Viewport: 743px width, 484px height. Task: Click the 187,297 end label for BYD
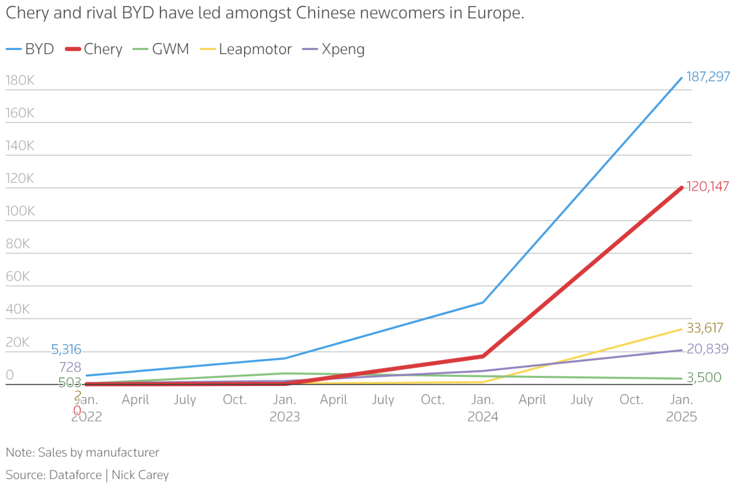708,76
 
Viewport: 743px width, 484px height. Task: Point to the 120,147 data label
707,187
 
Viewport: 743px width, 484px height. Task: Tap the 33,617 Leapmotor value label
704,328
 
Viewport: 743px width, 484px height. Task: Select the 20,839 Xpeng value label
707,349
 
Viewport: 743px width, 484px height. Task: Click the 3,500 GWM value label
704,377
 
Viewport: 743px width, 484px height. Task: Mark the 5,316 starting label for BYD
66,349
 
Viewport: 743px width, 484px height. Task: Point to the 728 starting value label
70,367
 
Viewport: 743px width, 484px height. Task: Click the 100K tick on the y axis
20,211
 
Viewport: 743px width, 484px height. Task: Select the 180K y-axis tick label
20,80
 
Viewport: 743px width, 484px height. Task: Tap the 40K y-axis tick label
18,309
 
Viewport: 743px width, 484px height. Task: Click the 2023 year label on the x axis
284,416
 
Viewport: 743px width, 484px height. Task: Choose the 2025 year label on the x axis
681,416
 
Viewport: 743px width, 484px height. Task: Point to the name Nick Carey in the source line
140,475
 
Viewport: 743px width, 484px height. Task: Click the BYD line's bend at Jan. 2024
483,303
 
